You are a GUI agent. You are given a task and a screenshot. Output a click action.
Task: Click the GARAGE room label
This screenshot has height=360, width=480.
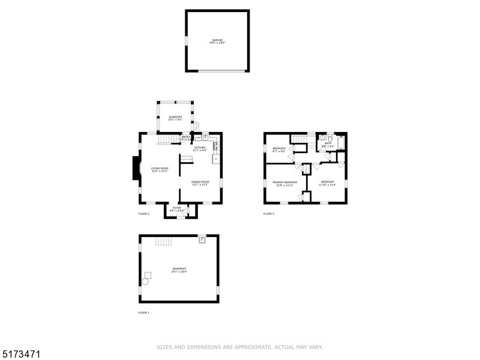point(217,40)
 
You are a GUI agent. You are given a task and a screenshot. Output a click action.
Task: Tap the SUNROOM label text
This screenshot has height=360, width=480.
point(175,117)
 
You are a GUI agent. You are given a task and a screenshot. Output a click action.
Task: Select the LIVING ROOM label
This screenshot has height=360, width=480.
point(160,169)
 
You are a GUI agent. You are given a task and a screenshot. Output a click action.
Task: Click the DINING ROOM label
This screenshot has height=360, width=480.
point(200,182)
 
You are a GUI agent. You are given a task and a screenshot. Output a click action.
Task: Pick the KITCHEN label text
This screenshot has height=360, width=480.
point(200,147)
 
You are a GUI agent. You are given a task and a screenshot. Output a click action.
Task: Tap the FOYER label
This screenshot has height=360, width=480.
point(177,208)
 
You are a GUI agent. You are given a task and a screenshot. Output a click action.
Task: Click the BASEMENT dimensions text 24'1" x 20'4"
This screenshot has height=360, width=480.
point(179,272)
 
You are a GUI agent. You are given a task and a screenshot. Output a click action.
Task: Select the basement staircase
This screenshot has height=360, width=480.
point(163,241)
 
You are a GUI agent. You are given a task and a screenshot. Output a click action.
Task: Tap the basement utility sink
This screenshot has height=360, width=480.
point(202,239)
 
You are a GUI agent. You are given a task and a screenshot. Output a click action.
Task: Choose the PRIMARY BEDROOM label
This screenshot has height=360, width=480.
point(285,182)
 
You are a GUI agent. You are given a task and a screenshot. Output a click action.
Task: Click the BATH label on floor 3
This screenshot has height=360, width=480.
point(328,143)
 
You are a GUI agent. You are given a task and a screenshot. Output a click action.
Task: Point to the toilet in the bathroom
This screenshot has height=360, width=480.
point(322,137)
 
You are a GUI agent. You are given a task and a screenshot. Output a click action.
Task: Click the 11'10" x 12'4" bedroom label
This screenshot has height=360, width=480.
point(327,182)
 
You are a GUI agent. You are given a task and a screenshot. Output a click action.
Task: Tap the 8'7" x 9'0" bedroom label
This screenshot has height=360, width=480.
point(279,149)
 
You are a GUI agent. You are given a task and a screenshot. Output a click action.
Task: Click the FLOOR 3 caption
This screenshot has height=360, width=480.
point(268,214)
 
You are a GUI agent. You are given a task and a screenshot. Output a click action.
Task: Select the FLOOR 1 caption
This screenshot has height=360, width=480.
point(143,313)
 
